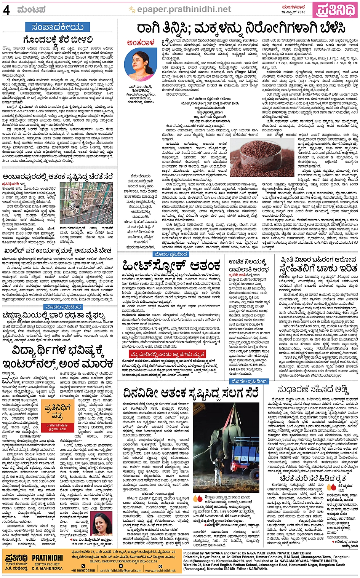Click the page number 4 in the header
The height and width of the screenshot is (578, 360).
pos(6,10)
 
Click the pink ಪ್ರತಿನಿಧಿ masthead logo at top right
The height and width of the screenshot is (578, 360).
pos(335,10)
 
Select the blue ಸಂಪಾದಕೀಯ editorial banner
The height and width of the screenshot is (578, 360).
pos(57,27)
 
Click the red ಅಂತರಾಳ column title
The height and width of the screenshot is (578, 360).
pos(141,43)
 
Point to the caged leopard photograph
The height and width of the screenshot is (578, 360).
pos(86,203)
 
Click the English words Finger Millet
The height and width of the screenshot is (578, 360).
pos(246,72)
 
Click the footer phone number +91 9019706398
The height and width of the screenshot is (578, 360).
pos(83,570)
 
